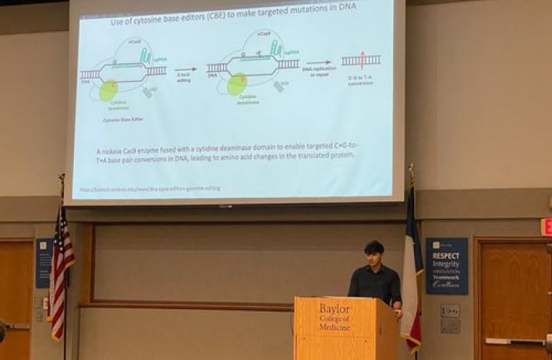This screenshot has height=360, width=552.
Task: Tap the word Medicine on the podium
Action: pyautogui.click(x=334, y=326)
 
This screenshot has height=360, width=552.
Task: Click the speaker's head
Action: pyautogui.click(x=374, y=254)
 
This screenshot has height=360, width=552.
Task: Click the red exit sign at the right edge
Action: pyautogui.click(x=547, y=227)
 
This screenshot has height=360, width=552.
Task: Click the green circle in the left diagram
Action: pyautogui.click(x=109, y=90)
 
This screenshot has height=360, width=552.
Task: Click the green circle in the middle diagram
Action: pyautogui.click(x=237, y=84)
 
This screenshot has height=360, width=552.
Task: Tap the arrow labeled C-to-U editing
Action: pyautogui.click(x=186, y=70)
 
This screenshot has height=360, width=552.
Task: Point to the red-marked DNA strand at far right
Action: pyautogui.click(x=361, y=60)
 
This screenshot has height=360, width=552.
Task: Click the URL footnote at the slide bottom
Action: pyautogui.click(x=149, y=188)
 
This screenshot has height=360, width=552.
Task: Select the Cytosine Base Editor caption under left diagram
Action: pyautogui.click(x=123, y=121)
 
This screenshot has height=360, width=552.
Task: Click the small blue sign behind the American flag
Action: pyautogui.click(x=44, y=263)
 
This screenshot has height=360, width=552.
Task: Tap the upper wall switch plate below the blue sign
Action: pyautogui.click(x=450, y=310)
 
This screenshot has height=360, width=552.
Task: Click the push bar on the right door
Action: pyautogui.click(x=515, y=341)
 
